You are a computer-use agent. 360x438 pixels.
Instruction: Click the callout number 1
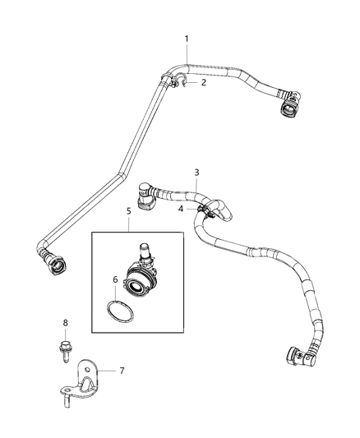coord(187,39)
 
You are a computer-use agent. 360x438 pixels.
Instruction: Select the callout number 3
coord(196,172)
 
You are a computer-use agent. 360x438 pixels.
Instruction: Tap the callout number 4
coord(180,209)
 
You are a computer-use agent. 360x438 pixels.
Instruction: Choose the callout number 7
coord(122,371)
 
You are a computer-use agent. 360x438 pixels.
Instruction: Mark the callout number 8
coord(67,322)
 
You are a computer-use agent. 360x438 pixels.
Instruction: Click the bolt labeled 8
coord(67,343)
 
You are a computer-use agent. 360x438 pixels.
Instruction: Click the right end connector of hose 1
coord(289,107)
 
